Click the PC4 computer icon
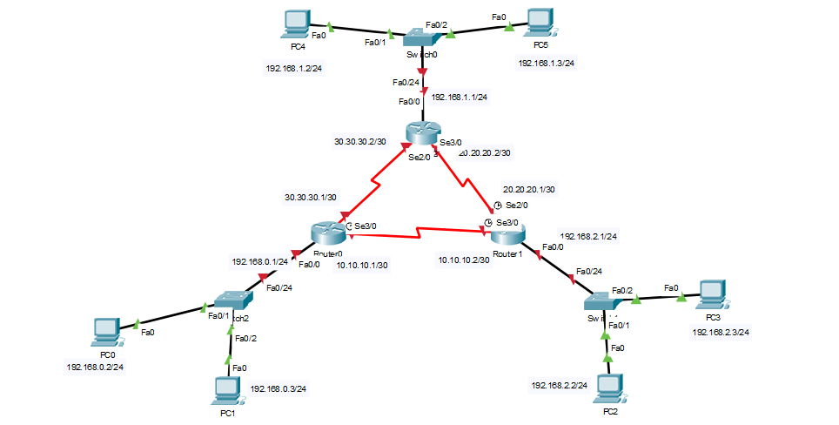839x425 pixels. click(x=296, y=24)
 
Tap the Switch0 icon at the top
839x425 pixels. click(x=425, y=37)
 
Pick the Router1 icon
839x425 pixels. click(x=507, y=233)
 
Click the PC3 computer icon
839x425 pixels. click(x=713, y=294)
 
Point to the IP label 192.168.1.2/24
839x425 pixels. click(x=294, y=69)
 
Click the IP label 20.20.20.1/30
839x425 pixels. click(x=528, y=189)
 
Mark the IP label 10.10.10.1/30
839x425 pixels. click(x=362, y=265)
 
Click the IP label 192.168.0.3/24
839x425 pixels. click(x=279, y=389)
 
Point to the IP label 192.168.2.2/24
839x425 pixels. click(x=559, y=384)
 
